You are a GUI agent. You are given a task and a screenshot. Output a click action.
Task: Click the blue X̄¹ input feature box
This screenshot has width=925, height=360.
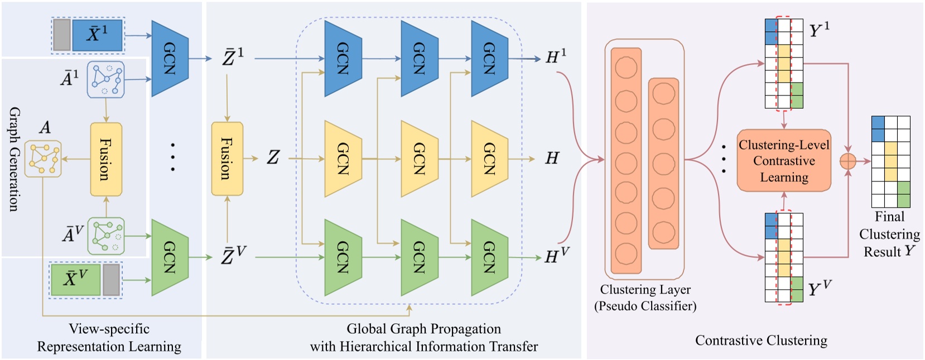point(97,35)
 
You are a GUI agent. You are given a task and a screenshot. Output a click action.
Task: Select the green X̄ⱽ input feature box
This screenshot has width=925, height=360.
point(75,279)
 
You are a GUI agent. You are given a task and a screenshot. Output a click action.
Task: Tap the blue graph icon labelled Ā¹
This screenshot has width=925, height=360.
point(105,80)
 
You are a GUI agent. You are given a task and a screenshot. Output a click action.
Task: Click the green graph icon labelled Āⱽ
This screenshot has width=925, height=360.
point(105,236)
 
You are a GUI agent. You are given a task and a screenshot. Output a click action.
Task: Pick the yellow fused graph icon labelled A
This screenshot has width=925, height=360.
point(43,159)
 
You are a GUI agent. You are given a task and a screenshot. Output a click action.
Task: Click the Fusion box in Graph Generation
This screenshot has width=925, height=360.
point(106,159)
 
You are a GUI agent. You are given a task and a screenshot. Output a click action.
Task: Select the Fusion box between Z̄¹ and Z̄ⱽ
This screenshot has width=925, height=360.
point(227,159)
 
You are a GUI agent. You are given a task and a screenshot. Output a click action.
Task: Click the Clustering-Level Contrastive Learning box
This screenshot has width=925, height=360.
point(784,161)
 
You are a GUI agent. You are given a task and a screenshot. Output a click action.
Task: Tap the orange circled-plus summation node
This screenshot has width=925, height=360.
point(847,161)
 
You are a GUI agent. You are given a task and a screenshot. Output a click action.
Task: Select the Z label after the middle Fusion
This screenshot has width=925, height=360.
point(273,158)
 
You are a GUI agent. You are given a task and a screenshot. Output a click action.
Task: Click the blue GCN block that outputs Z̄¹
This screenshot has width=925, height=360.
point(170,58)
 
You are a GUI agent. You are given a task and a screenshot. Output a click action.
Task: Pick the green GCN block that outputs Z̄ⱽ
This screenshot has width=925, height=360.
point(170,257)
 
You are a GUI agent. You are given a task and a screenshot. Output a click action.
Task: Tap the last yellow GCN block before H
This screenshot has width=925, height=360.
point(489,159)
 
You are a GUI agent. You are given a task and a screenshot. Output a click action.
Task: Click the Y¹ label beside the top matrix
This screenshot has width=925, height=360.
point(819,30)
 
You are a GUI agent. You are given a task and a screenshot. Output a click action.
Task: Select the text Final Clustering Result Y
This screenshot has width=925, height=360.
point(889,234)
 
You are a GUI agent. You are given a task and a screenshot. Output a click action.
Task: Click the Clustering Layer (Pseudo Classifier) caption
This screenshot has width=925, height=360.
point(645,297)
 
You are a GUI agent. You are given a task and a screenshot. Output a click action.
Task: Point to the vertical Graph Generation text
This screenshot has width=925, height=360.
point(15,159)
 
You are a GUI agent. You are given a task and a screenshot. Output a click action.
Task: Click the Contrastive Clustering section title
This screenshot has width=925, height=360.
point(761,340)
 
